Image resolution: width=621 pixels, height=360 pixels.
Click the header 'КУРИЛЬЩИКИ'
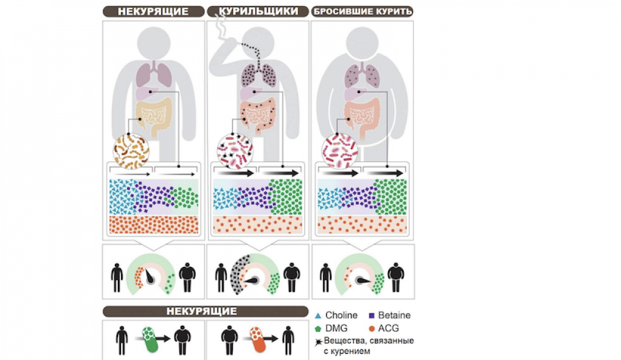pos(258,11)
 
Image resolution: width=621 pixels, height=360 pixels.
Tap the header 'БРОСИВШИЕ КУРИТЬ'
pos(363,11)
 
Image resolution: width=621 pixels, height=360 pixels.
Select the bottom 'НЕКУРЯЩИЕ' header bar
pos(205,312)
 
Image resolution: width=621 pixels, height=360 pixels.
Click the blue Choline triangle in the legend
pos(317,316)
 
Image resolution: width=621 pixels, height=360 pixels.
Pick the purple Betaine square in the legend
pos(371,316)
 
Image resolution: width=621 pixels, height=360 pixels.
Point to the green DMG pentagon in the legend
pos(317,329)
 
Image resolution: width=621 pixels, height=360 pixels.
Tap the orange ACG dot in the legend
pos(371,329)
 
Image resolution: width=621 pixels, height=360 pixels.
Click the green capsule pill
pos(150,340)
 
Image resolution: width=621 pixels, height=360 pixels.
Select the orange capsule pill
pos(258,340)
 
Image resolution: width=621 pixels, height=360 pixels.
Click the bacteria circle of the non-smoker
pos(132,151)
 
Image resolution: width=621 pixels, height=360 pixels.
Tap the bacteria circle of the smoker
pos(235,151)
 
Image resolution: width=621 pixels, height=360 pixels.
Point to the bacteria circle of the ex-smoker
pos(340,151)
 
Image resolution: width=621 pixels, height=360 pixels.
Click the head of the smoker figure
pos(258,43)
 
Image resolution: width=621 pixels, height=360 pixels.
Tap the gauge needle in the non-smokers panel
pos(150,276)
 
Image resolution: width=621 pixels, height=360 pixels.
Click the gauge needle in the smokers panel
pos(251,281)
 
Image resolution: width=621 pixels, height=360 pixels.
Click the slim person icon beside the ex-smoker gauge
pos(325,277)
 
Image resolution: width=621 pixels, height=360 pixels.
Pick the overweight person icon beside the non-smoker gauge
pos(188,277)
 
